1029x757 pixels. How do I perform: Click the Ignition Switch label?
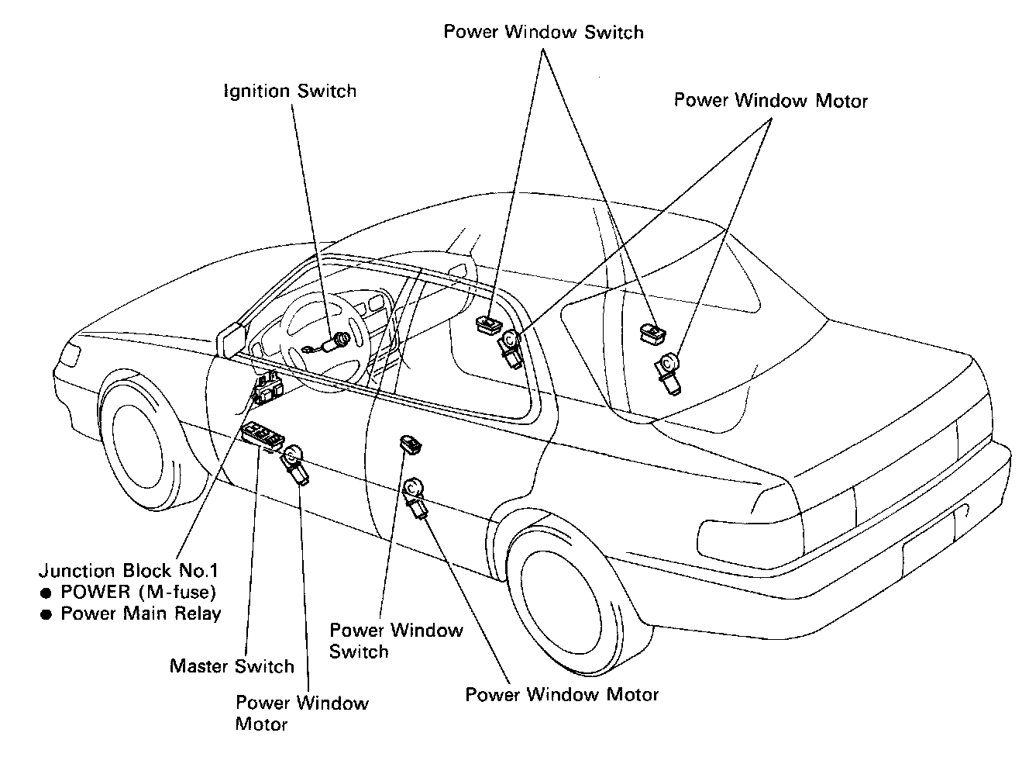(x=290, y=91)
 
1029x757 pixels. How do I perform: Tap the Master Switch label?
(x=232, y=666)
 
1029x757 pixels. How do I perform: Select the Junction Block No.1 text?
(x=129, y=571)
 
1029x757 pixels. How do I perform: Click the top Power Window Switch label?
(x=543, y=32)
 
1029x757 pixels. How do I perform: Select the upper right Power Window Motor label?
(x=771, y=100)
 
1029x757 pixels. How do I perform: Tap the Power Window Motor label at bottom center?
(x=562, y=694)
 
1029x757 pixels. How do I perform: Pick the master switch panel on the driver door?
(x=261, y=437)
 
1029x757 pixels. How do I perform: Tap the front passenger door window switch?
(x=488, y=323)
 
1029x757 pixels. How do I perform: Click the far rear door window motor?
(x=667, y=372)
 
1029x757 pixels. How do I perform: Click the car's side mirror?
(x=232, y=339)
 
